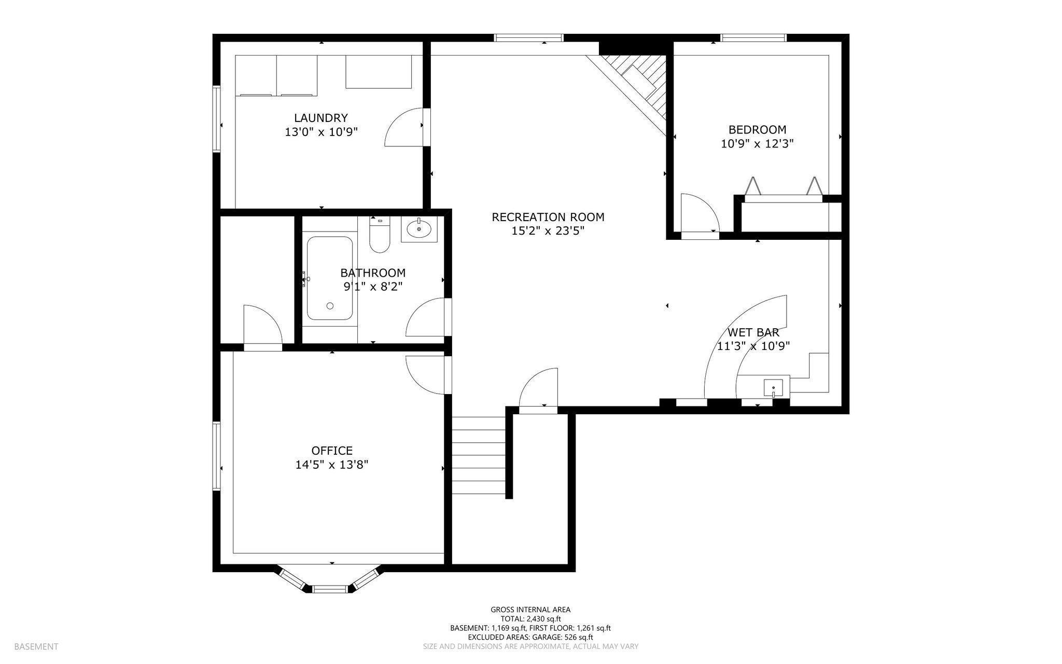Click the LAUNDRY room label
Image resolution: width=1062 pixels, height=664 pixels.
(x=321, y=118)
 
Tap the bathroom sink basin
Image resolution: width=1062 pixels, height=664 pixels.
(x=419, y=228)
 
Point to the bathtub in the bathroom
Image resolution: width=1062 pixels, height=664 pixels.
(x=330, y=278)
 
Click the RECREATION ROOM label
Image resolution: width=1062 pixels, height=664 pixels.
(x=548, y=217)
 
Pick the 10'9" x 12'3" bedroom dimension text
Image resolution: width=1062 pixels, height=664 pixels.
(x=757, y=144)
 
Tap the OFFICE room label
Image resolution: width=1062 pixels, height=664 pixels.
(x=332, y=451)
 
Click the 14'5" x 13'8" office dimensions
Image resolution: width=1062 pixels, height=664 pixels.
(x=332, y=465)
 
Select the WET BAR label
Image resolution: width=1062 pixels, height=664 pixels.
(x=753, y=332)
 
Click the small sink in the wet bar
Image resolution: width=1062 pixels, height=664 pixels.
(x=773, y=387)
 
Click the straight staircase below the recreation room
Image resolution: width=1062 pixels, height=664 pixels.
(x=479, y=456)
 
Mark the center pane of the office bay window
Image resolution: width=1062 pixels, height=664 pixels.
(x=330, y=589)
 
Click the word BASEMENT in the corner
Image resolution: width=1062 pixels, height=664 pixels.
(x=36, y=646)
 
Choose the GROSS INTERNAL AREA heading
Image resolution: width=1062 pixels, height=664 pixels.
(x=530, y=609)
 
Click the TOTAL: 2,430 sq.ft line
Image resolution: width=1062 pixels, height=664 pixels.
(x=530, y=619)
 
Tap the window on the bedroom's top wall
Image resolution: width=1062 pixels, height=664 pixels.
(x=754, y=37)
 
